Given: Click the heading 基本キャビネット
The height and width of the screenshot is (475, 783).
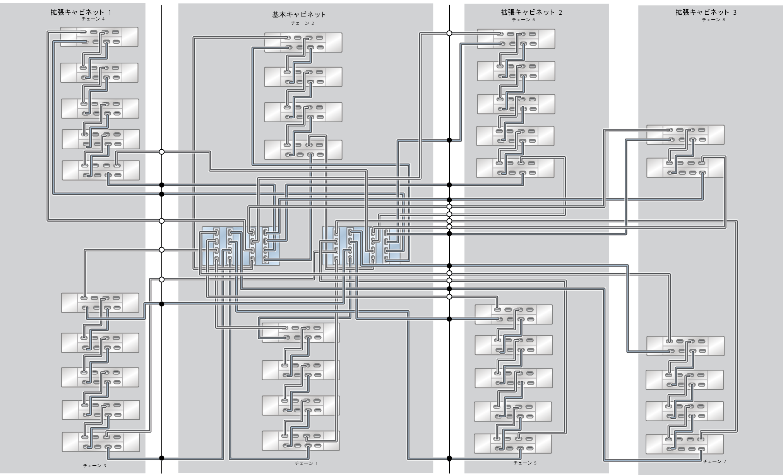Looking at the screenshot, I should [x=299, y=15].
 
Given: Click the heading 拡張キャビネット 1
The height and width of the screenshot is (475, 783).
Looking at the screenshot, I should [x=81, y=12].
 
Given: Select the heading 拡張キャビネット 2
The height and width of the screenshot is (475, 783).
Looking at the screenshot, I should [x=531, y=12].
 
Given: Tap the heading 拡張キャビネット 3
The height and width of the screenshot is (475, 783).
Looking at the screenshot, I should [x=706, y=12].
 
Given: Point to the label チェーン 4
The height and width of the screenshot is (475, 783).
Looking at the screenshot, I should [x=93, y=19].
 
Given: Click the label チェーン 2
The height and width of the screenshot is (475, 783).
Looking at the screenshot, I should [x=302, y=23].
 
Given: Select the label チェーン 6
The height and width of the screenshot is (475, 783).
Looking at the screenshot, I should [x=523, y=19].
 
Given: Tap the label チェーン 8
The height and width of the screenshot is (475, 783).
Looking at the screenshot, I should [x=714, y=20].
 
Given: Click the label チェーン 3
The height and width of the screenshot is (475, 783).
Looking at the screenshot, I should [x=94, y=466].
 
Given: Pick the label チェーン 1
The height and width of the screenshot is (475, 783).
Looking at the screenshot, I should [x=306, y=463].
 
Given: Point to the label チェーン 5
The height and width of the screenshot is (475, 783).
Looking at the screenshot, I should [x=525, y=463].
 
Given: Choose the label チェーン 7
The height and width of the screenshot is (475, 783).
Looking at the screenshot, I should [x=714, y=461].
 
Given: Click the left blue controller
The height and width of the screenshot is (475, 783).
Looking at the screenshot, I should [x=240, y=246].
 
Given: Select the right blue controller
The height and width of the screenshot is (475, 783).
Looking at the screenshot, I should [x=361, y=245].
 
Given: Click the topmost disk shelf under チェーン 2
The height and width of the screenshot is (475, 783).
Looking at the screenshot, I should [x=303, y=43].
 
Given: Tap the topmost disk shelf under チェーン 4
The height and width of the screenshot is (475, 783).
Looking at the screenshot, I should [x=99, y=37].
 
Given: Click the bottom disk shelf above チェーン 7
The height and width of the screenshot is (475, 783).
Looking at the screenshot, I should [x=684, y=444].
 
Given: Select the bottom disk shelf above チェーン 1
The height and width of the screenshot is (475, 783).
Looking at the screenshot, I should [x=301, y=441].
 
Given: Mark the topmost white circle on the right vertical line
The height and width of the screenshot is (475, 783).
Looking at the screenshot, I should [x=449, y=33].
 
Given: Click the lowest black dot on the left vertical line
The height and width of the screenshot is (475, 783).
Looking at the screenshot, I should [x=162, y=458].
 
